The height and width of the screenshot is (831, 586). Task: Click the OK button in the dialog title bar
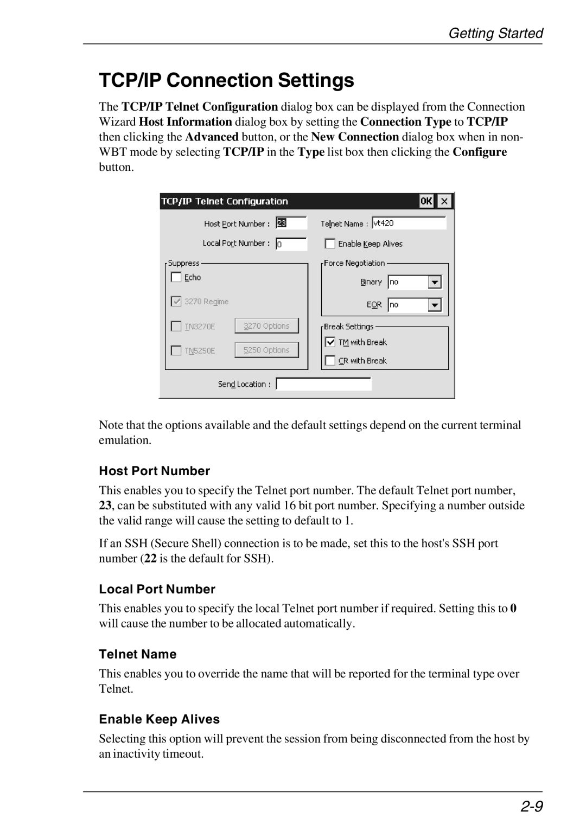click(x=426, y=201)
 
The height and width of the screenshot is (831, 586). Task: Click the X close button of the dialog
click(x=444, y=201)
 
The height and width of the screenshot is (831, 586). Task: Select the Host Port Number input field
click(x=291, y=223)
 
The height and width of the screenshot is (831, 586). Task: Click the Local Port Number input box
click(x=291, y=244)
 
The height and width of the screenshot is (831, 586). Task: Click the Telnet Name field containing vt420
click(x=409, y=223)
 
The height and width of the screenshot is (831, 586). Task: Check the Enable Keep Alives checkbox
click(x=330, y=244)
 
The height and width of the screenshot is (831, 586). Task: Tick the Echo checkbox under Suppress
click(x=176, y=277)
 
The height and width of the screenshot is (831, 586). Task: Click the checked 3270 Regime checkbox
click(x=176, y=301)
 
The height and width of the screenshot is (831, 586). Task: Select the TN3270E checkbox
click(x=176, y=326)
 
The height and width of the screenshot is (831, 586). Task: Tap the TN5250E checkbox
click(x=176, y=350)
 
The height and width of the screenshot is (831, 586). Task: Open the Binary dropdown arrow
click(x=435, y=282)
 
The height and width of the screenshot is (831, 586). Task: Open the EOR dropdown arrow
click(x=435, y=305)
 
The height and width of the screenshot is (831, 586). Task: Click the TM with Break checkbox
click(x=330, y=342)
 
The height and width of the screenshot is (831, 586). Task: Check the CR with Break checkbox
click(x=330, y=361)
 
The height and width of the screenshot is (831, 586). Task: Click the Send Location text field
click(x=323, y=384)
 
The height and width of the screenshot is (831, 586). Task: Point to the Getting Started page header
click(x=495, y=33)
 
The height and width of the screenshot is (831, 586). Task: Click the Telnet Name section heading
click(x=138, y=654)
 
